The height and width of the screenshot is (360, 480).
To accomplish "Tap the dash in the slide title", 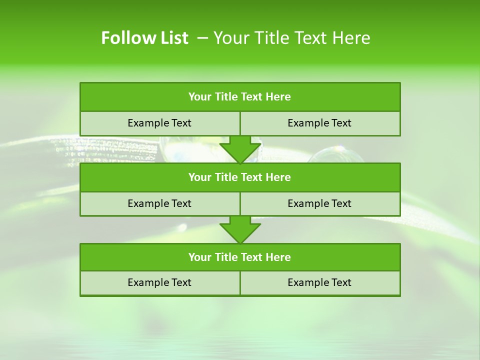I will coord(202,38).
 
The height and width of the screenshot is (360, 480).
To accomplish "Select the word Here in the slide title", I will coord(352,38).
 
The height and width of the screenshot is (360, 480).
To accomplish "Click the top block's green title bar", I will coord(240,97).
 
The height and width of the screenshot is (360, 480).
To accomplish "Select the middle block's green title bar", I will coord(240,177).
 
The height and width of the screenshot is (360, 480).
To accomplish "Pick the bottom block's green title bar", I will coord(240,257).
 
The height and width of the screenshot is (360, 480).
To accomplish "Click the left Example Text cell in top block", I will coord(159,123).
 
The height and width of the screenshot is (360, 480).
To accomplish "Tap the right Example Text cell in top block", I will coord(320,123).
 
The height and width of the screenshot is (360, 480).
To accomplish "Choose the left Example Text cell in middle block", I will coord(159,204).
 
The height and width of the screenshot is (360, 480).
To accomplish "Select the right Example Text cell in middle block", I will coord(320,204).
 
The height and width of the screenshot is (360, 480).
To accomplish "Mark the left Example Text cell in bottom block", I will coord(159,283).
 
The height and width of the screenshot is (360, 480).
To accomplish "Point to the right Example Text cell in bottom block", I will coord(320,283).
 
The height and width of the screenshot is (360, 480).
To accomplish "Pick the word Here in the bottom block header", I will coord(278,257).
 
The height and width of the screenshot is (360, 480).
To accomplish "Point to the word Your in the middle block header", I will coord(200,177).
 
